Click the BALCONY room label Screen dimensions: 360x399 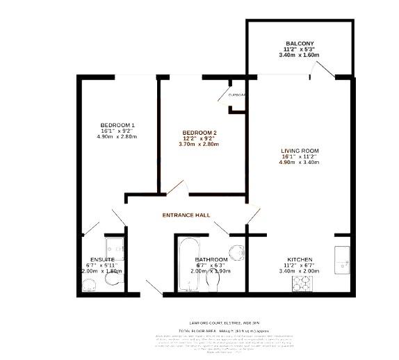[300, 44]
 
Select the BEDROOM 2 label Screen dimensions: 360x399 [200, 132]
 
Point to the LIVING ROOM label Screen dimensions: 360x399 [300, 151]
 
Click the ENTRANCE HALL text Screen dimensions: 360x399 [186, 215]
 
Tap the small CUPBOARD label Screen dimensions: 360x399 [237, 95]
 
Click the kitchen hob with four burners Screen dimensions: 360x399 [302, 282]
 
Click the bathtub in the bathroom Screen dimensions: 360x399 [188, 266]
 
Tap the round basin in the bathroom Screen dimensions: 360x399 [236, 252]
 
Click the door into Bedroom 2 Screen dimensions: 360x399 [174, 188]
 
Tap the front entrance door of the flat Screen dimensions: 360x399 [153, 285]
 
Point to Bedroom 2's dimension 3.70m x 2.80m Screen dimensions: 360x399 [200, 145]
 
